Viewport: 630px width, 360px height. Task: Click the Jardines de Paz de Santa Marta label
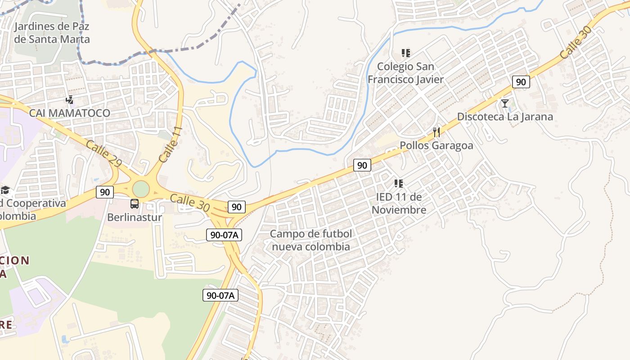[x=52, y=32]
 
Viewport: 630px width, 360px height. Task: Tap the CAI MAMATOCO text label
[x=70, y=113]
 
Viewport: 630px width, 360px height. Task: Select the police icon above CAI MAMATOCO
[x=69, y=99]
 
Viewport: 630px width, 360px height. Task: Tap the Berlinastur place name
[x=134, y=217]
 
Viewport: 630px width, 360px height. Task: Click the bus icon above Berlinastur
[x=134, y=204]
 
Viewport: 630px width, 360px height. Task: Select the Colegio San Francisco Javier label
[x=405, y=73]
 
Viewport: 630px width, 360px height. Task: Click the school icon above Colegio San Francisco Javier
[x=406, y=53]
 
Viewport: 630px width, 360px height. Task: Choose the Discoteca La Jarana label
[x=505, y=117]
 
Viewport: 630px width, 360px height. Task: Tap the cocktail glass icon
[x=505, y=103]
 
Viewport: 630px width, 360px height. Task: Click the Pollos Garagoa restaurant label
[x=436, y=146]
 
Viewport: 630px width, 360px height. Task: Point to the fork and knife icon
[x=436, y=132]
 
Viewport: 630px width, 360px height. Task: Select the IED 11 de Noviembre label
[x=399, y=203]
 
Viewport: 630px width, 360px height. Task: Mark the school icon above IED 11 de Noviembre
[x=398, y=183]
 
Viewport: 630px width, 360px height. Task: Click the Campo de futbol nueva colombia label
[x=311, y=240]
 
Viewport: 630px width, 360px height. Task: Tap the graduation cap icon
[x=5, y=190]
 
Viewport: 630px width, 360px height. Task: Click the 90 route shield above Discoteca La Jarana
[x=521, y=82]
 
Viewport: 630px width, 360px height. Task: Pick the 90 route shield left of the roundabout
[x=105, y=192]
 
